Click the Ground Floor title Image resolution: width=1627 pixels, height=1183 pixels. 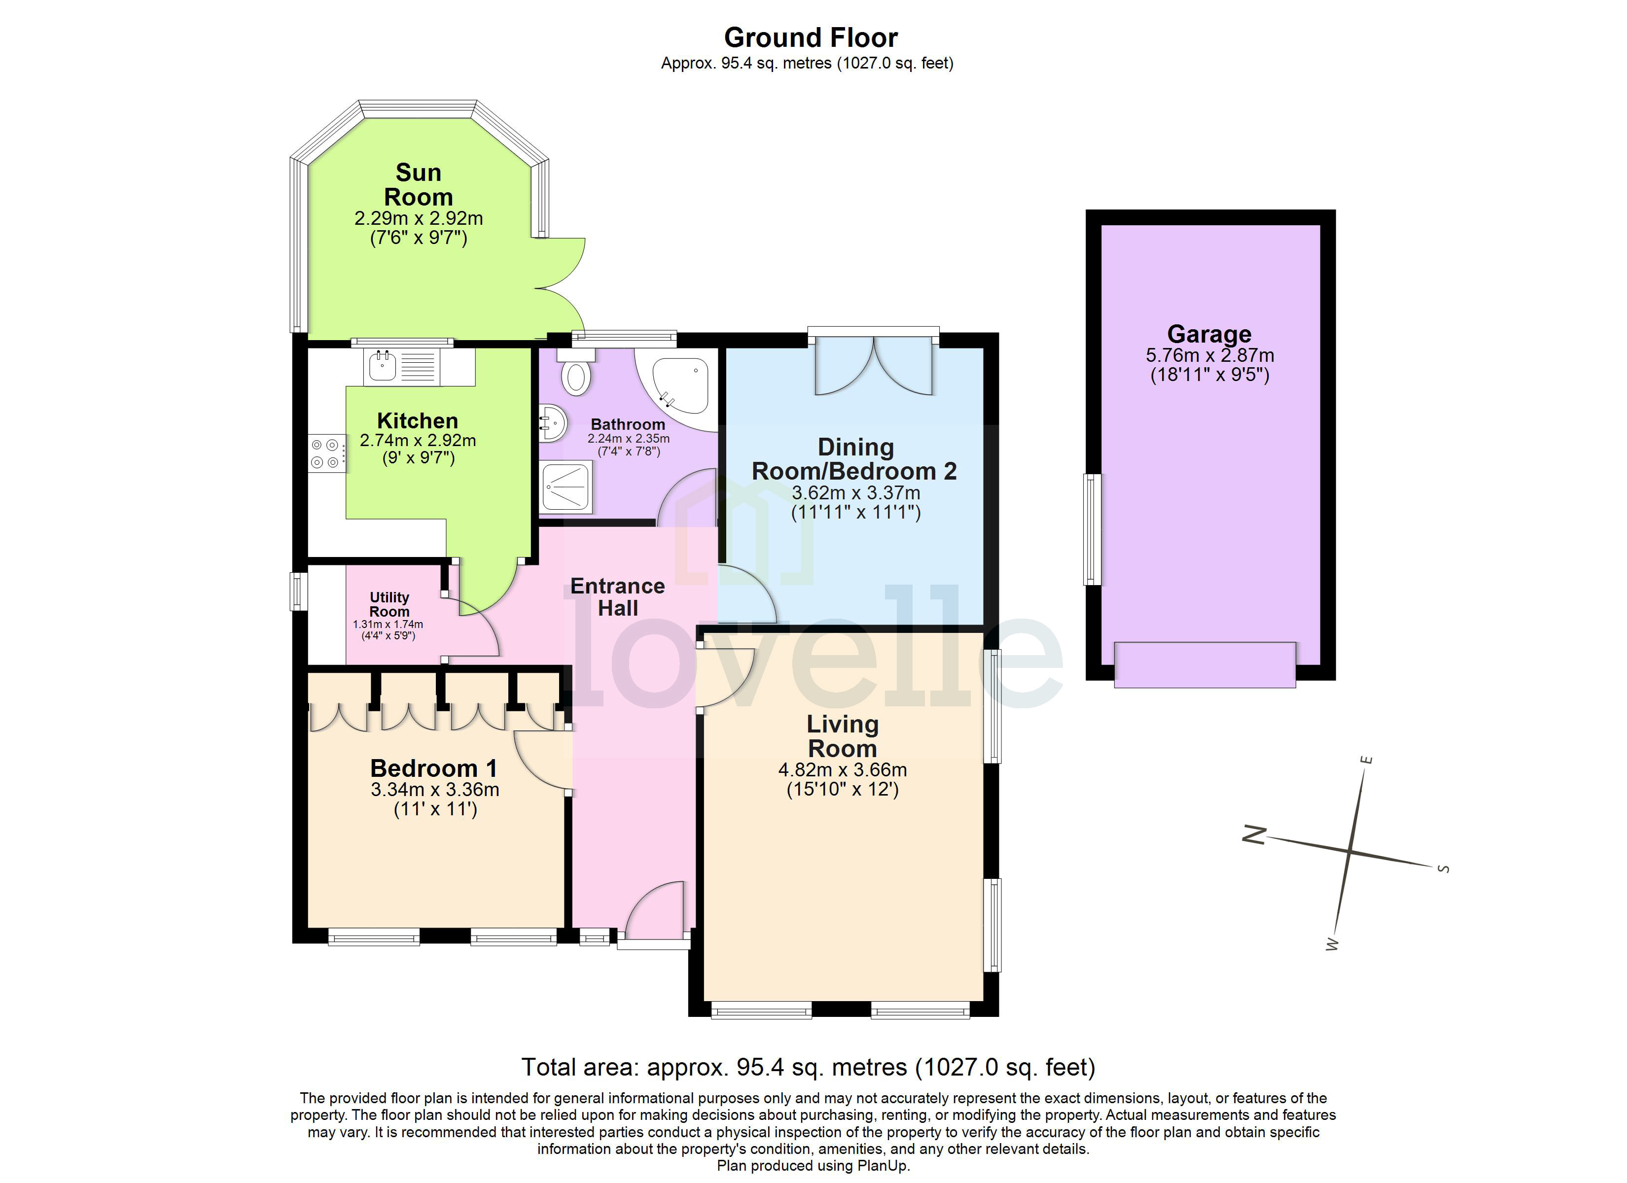810,37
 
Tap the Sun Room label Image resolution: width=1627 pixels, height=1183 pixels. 418,184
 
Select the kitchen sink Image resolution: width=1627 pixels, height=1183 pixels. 383,367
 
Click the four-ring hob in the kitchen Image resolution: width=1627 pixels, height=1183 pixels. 325,454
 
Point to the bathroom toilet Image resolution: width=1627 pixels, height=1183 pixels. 575,377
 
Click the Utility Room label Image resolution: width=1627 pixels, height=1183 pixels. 389,604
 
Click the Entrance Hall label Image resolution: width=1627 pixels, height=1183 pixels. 618,597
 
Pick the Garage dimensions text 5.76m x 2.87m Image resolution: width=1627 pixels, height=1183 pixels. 1209,355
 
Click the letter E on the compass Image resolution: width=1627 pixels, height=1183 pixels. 1367,760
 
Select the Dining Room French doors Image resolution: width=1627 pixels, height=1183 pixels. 874,366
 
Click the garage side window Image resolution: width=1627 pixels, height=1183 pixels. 1092,529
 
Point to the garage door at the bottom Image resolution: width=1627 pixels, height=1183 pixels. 1204,665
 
